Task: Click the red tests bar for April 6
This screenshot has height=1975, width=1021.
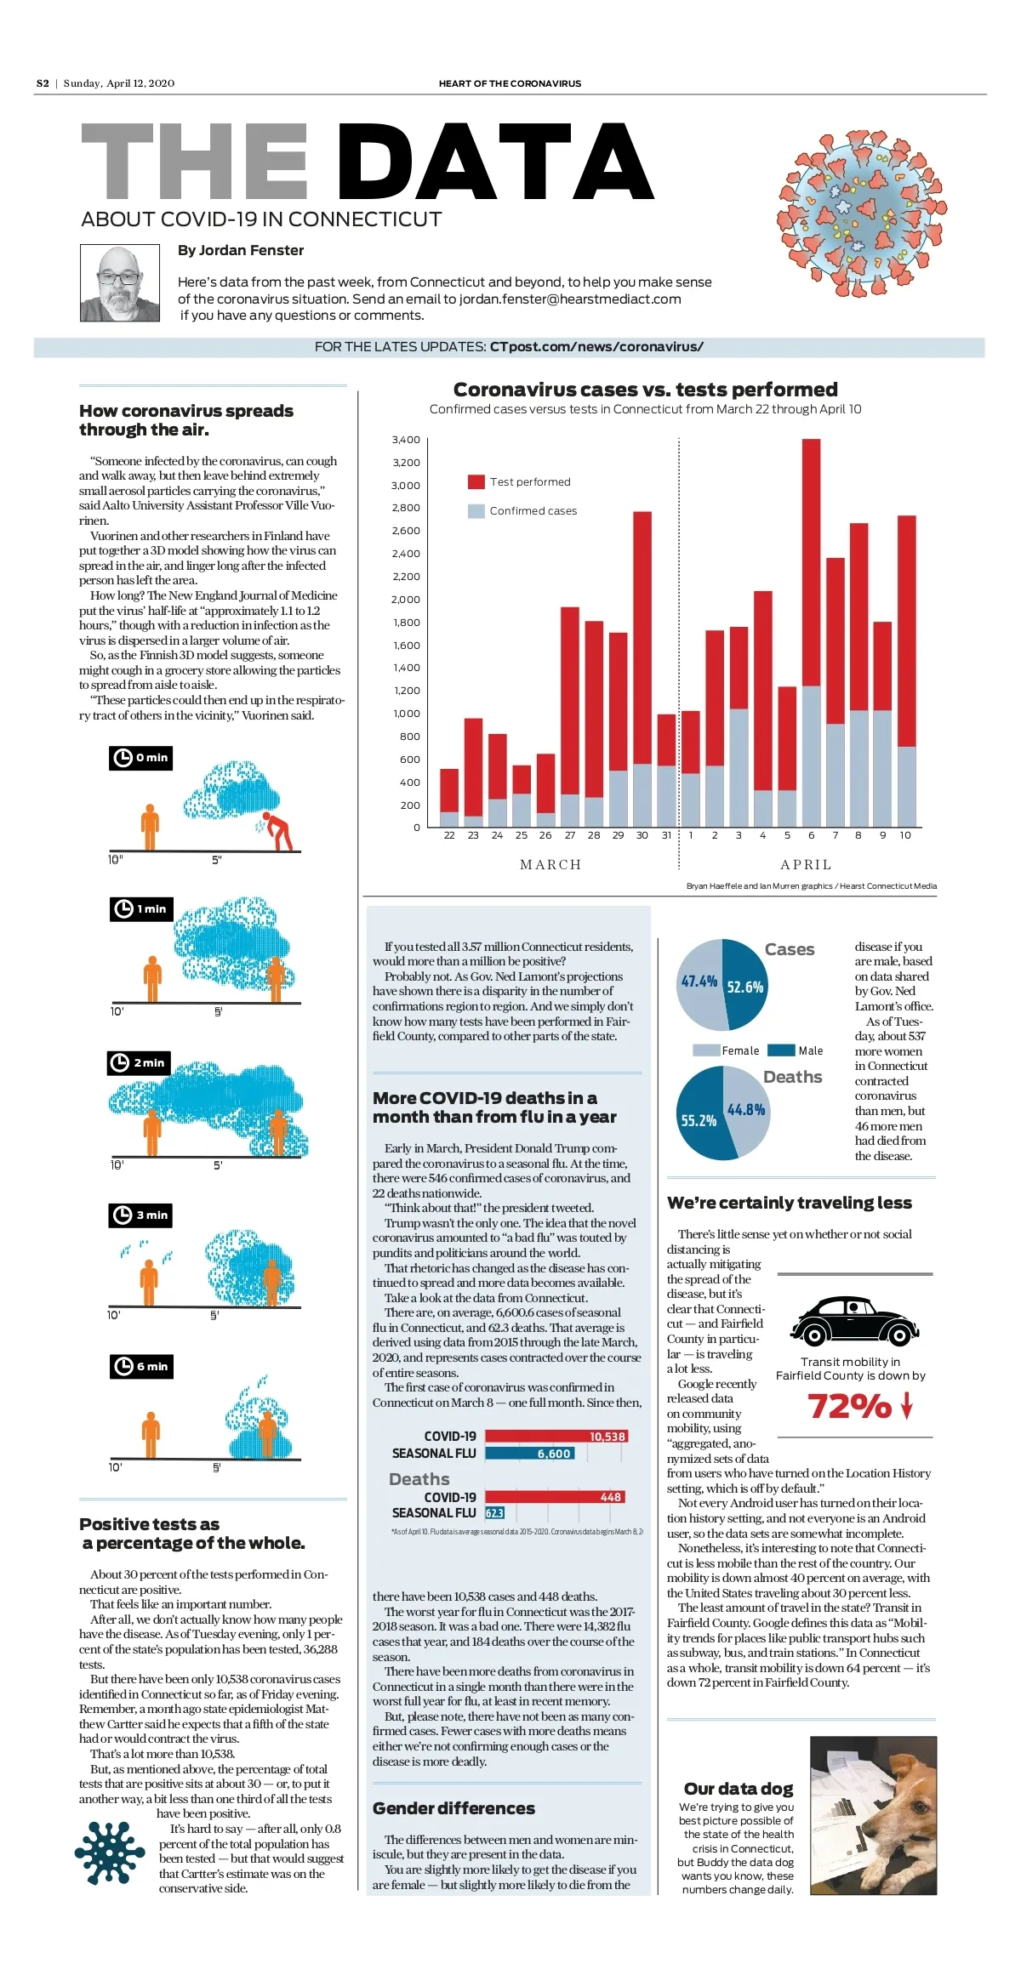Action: tap(811, 561)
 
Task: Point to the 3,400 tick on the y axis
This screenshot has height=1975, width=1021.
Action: tap(406, 440)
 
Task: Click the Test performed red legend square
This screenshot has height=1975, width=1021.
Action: tap(476, 481)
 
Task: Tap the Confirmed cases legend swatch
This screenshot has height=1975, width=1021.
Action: tap(476, 510)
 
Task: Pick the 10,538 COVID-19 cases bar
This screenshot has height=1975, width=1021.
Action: tap(556, 1436)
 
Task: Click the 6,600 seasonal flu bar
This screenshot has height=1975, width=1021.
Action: tap(529, 1453)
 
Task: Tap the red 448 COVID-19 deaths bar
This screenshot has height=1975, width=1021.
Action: tap(556, 1496)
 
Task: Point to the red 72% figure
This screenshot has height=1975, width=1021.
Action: tap(849, 1405)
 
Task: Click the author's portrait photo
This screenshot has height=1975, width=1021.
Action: tap(120, 283)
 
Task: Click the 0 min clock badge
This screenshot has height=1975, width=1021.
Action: tap(141, 758)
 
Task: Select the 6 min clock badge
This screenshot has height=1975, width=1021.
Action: tap(141, 1366)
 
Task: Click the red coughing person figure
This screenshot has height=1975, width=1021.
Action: tap(278, 830)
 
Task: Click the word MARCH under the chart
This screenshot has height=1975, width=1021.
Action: tap(550, 864)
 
